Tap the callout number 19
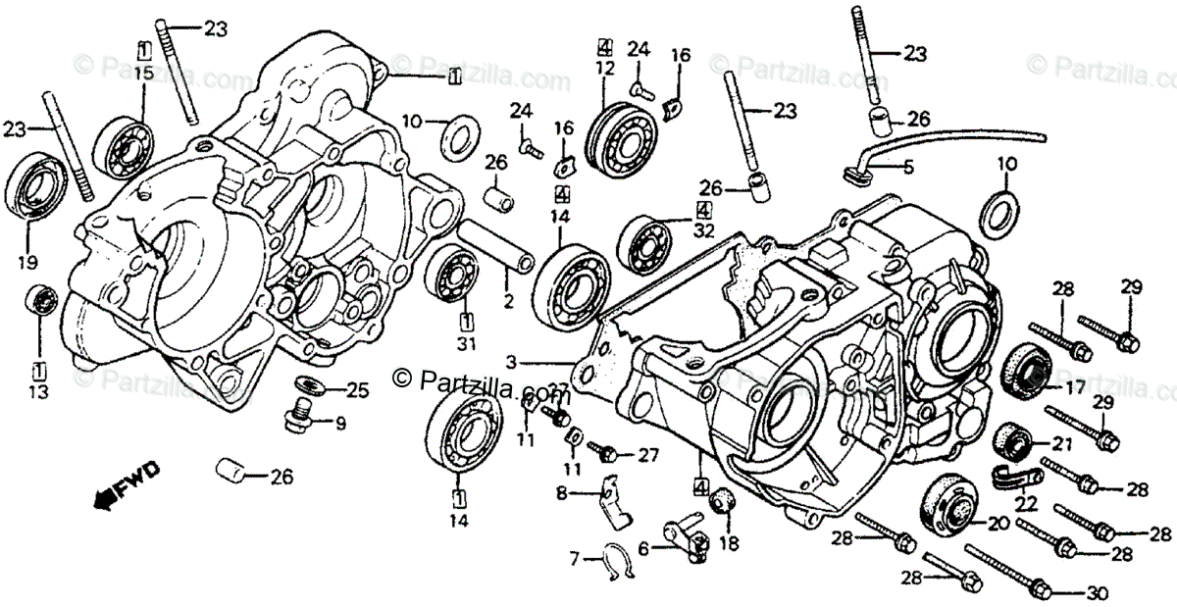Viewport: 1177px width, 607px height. click(x=26, y=262)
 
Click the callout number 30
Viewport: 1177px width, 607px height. click(x=1100, y=592)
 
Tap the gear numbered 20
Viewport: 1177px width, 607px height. click(x=948, y=505)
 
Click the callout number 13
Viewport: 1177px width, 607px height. click(x=39, y=392)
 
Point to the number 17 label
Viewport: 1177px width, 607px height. click(x=1075, y=386)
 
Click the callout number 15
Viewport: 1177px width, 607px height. click(x=144, y=74)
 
